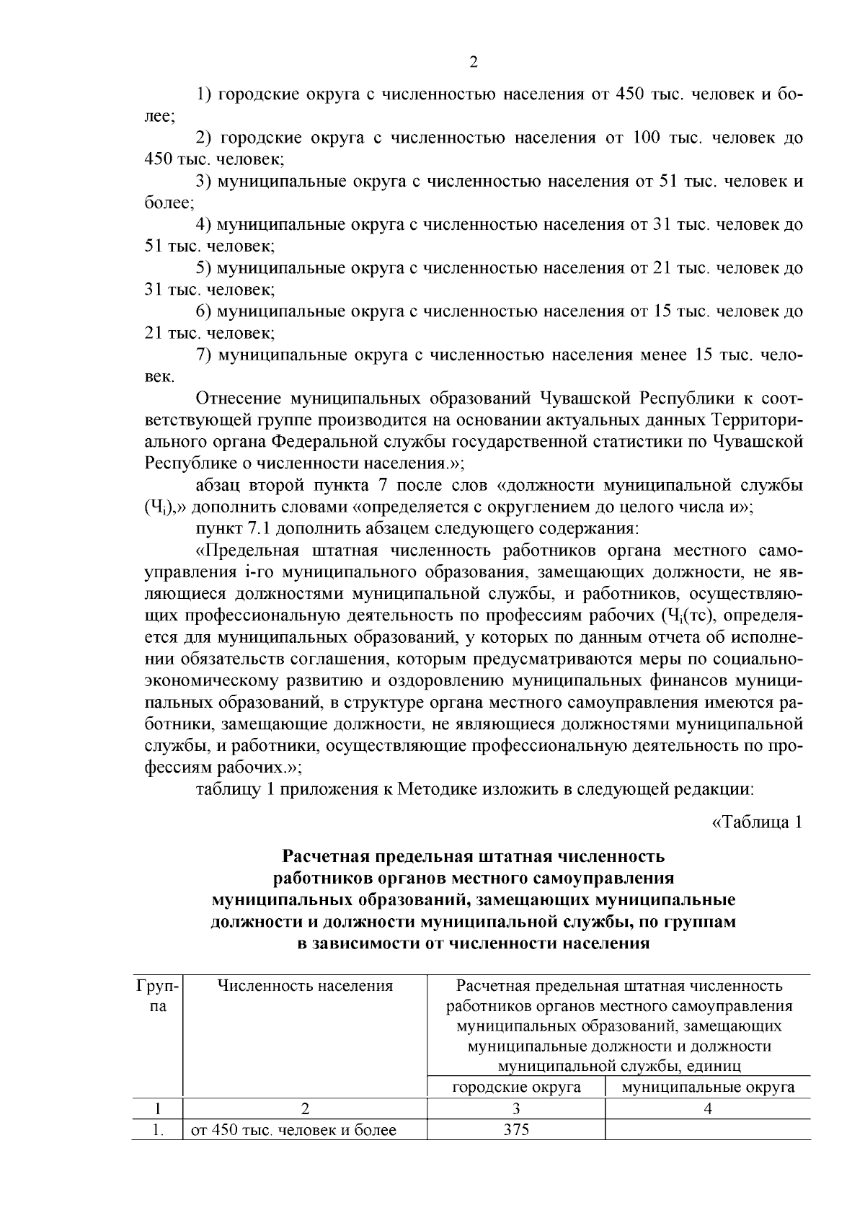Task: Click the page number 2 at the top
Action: coord(473,63)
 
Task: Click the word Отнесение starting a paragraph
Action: coord(237,399)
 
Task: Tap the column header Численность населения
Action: coord(305,986)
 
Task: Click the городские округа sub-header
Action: coord(516,1087)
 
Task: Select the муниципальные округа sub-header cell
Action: coord(708,1087)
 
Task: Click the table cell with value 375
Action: coord(516,1129)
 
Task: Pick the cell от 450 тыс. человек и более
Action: coord(293,1130)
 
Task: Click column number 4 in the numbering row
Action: coord(708,1109)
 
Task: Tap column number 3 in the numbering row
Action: coord(516,1109)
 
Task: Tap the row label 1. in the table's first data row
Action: coord(157,1130)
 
